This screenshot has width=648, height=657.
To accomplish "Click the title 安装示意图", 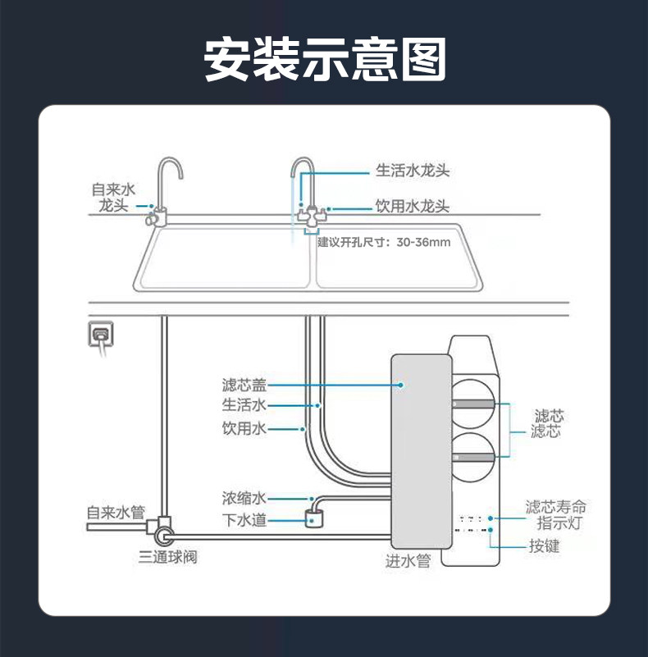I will pos(324,60).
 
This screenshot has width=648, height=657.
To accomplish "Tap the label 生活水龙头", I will pos(413,171).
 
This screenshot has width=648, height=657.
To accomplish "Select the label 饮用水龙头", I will pos(413,207).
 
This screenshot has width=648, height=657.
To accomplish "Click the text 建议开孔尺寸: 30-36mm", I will pos(384,242).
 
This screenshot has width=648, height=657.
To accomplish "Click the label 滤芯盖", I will pos(244,384).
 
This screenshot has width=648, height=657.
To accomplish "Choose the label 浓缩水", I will pos(244,498).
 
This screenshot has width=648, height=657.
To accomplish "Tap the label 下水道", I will pos(244,519).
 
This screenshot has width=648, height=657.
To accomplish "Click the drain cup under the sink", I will pos(315,518).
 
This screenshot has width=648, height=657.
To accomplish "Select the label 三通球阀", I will pos(167,558).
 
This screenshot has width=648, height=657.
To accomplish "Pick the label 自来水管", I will pos(116,513).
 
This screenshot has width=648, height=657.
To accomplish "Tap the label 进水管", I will pos(408,561).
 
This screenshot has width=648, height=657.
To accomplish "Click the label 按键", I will pos(545,545).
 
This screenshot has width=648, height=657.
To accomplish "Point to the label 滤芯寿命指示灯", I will pos(555,515).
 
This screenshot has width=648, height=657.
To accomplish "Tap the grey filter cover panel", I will pos(421,451).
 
